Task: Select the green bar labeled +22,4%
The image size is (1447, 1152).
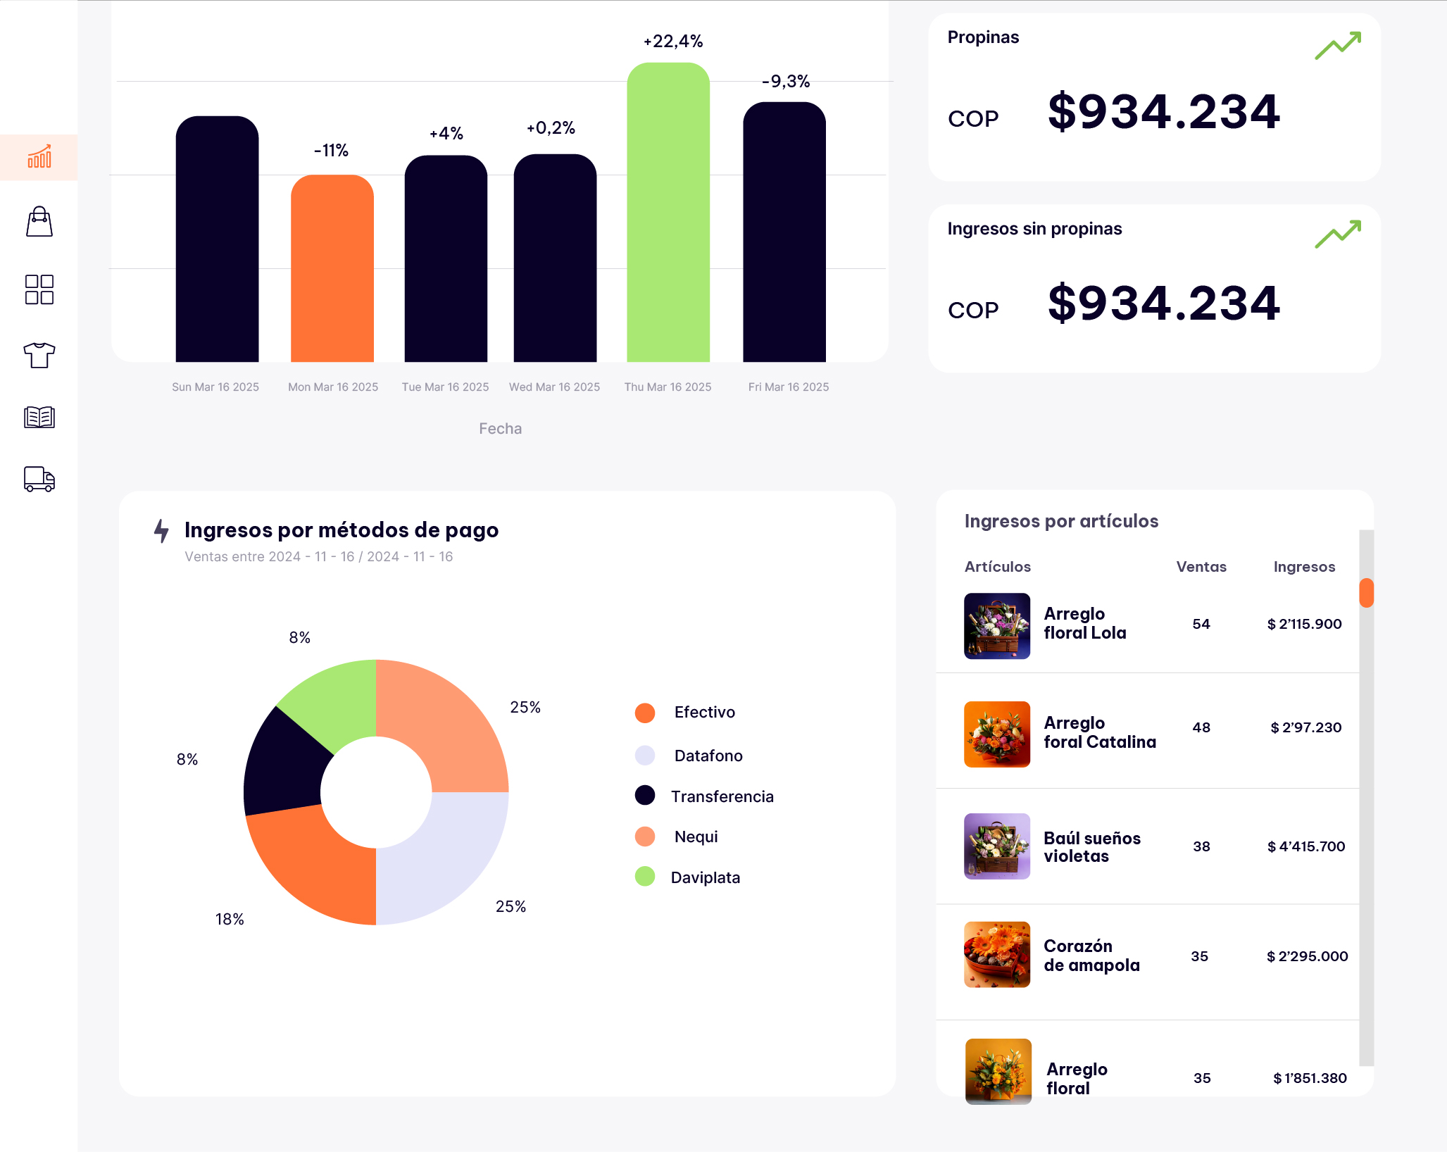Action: click(x=668, y=212)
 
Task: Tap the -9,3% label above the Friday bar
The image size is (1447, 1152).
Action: click(x=786, y=82)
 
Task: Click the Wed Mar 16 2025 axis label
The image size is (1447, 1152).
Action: click(x=554, y=387)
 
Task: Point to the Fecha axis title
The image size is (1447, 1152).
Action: click(x=500, y=428)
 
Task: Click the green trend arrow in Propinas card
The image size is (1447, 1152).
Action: click(x=1337, y=46)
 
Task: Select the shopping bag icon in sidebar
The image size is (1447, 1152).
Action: click(x=39, y=222)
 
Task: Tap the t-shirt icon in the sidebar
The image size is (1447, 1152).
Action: click(x=39, y=355)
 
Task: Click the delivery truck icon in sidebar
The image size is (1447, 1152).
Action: click(x=39, y=479)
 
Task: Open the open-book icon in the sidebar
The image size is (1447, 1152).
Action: click(x=39, y=417)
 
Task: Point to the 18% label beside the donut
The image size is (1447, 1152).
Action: click(x=230, y=919)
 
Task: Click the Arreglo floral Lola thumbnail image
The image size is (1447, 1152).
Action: click(x=996, y=626)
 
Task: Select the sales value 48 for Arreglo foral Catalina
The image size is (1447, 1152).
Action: click(x=1201, y=727)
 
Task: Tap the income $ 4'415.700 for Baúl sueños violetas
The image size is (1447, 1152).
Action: click(x=1305, y=846)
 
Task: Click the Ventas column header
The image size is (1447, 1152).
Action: click(x=1201, y=567)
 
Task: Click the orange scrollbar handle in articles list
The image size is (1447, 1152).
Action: click(x=1366, y=593)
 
